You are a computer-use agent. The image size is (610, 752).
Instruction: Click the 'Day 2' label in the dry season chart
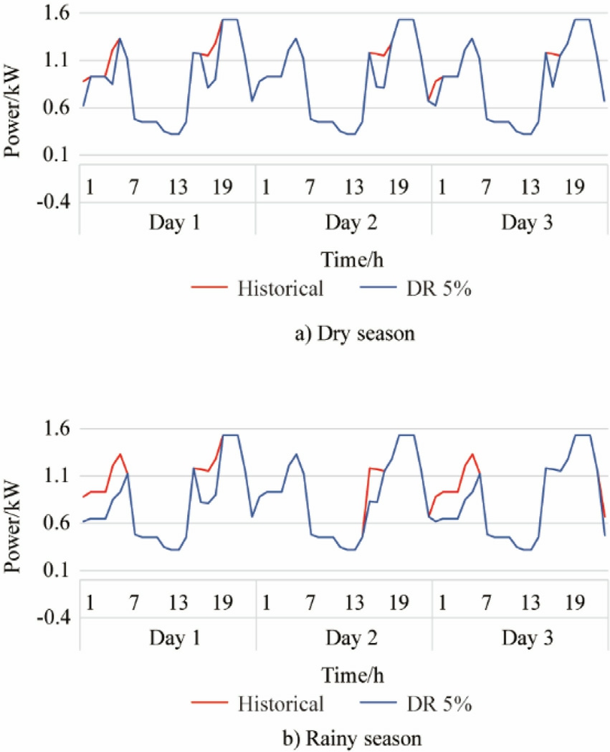(343, 221)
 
